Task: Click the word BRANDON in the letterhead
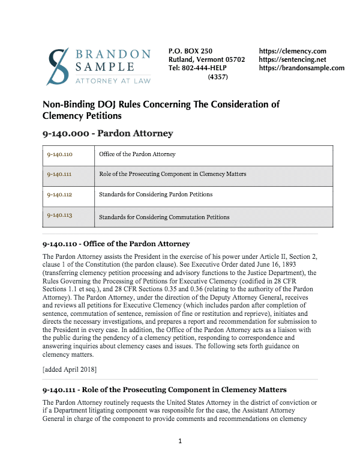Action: click(113, 55)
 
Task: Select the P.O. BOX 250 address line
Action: click(190, 52)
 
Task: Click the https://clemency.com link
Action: click(292, 52)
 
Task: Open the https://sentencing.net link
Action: click(292, 60)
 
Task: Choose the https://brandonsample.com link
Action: click(302, 68)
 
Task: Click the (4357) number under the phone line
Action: click(218, 77)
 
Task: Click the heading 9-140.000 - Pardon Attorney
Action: click(108, 133)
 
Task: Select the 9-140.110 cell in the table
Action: click(59, 154)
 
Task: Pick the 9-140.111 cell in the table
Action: click(59, 175)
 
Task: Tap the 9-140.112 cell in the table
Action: click(59, 195)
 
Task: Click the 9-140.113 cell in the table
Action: click(59, 216)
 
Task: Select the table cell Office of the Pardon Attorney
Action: click(137, 154)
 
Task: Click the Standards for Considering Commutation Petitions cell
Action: click(164, 217)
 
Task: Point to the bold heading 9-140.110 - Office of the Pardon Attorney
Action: click(116, 244)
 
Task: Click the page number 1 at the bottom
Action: click(179, 442)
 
